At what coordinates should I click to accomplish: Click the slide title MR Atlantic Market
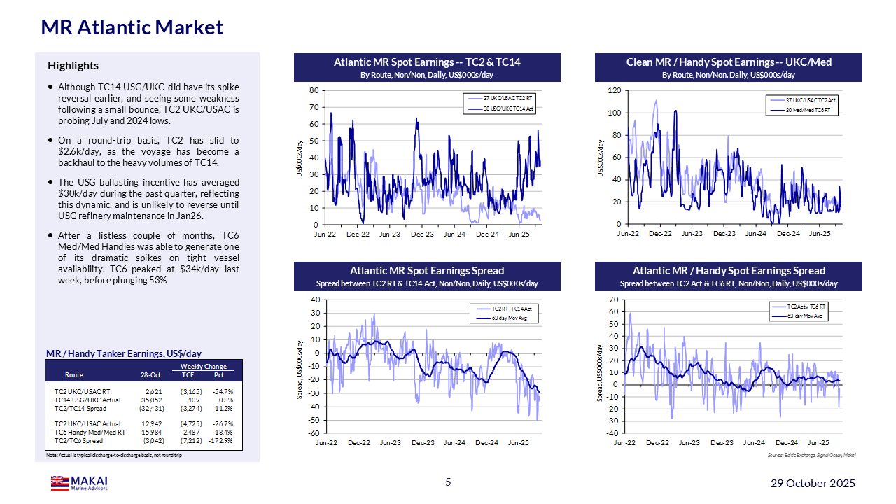point(132,27)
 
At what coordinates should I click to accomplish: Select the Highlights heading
point(73,66)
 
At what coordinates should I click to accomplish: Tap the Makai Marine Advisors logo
point(79,483)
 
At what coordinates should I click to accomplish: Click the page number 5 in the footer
point(449,482)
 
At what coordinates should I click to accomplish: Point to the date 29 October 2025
point(813,484)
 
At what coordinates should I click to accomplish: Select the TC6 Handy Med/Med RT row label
point(90,432)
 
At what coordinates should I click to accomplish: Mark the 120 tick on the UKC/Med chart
point(614,90)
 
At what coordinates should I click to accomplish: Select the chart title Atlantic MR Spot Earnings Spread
point(427,271)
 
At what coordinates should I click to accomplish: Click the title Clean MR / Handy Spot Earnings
point(728,62)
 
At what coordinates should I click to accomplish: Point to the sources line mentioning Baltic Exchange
point(811,456)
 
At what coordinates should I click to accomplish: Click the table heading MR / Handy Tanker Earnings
point(124,354)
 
